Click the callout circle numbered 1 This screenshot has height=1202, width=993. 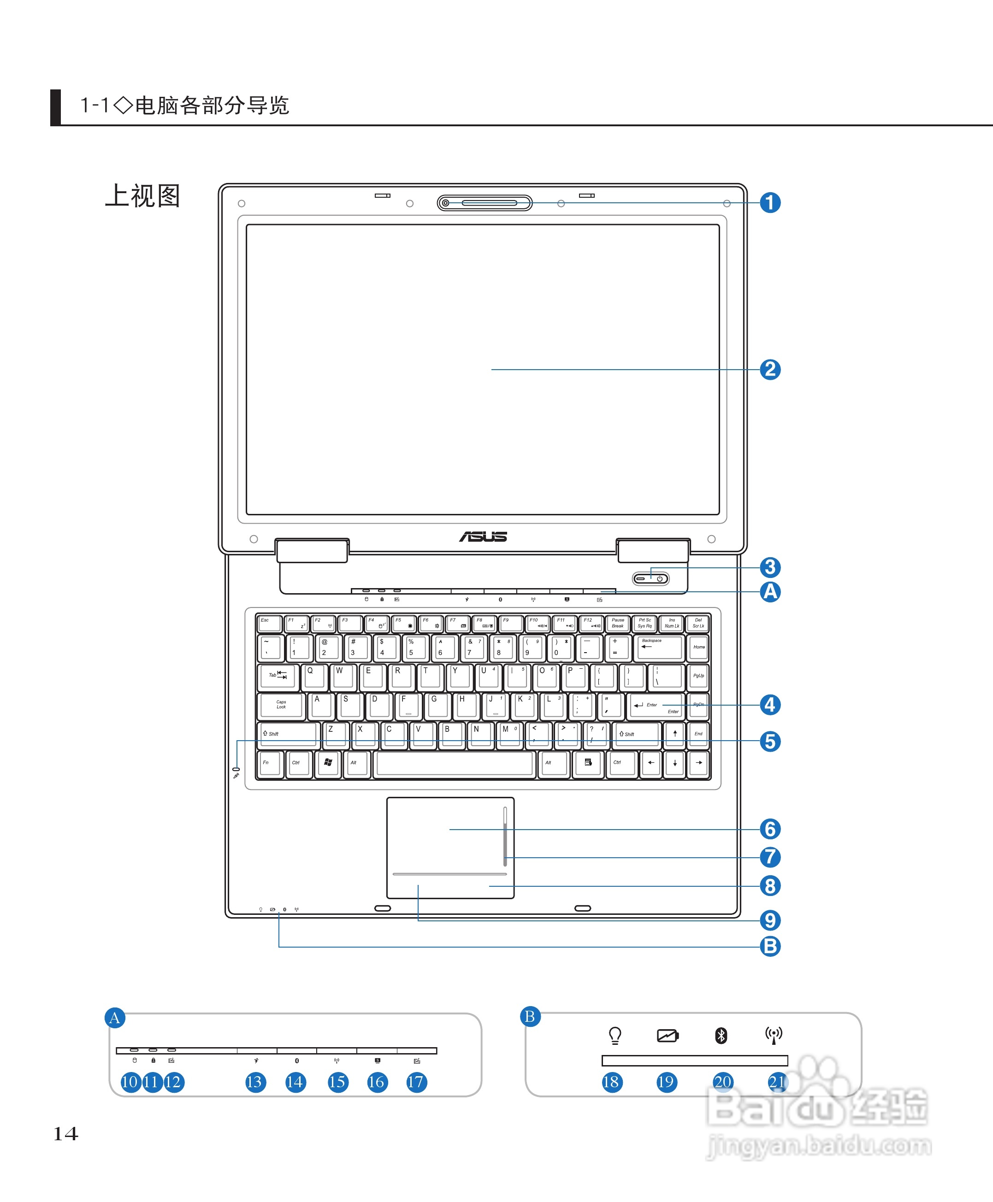(x=770, y=202)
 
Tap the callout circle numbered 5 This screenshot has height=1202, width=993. (x=770, y=741)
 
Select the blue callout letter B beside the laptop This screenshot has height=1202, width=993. (x=770, y=946)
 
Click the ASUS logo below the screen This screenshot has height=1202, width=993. (x=483, y=536)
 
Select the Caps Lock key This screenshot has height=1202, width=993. (x=281, y=705)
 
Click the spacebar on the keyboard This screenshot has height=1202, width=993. (x=455, y=763)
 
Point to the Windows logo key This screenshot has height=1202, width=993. (x=328, y=763)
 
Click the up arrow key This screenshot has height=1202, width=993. (x=675, y=734)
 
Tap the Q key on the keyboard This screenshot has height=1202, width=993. (x=314, y=676)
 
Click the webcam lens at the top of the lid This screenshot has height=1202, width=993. (x=446, y=203)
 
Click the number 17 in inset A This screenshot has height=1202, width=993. (x=416, y=1082)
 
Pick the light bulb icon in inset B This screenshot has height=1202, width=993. (x=615, y=1035)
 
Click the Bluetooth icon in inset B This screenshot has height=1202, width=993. (x=721, y=1036)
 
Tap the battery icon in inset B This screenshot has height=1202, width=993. (x=668, y=1036)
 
